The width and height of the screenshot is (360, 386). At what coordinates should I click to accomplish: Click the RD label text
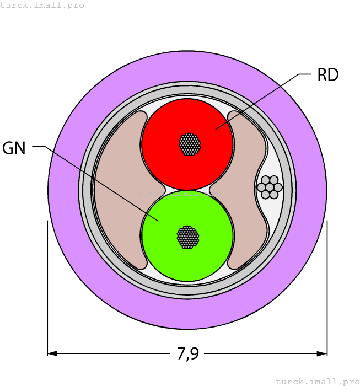328,74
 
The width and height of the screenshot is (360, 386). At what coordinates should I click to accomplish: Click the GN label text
14,148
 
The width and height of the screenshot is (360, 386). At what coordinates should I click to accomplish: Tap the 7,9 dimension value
188,354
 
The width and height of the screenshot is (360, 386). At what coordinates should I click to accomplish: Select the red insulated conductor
187,144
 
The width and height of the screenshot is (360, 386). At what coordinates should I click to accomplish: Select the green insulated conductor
187,236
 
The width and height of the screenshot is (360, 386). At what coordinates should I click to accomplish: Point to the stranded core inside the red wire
190,144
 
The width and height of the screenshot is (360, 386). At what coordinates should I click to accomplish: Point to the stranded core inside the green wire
188,237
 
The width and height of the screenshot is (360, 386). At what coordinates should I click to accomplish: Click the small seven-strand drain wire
270,187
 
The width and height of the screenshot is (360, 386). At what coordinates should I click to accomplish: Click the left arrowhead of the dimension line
52,354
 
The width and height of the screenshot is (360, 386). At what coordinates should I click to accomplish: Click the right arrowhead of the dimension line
322,354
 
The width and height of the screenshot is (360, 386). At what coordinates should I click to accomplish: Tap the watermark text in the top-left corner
42,5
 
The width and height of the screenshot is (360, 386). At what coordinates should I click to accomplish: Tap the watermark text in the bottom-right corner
318,382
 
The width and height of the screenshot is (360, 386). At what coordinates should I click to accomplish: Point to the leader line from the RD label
264,101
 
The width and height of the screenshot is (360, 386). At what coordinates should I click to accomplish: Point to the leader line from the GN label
95,184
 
